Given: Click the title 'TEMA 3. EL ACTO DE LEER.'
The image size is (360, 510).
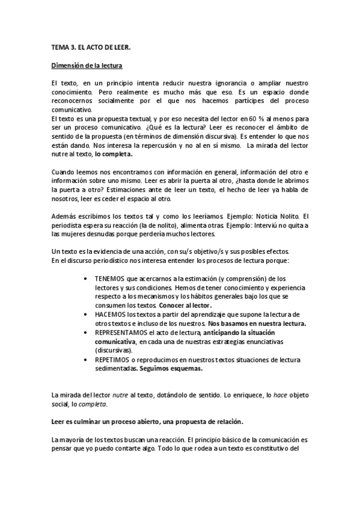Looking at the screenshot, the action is (91, 46).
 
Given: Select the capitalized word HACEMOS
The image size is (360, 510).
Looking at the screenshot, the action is (109, 315).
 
